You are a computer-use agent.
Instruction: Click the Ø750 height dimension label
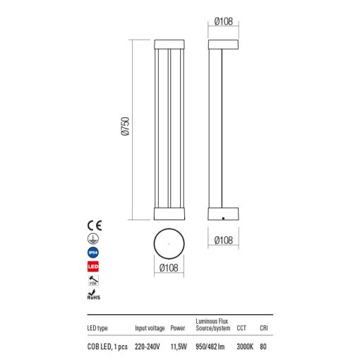click(x=126, y=126)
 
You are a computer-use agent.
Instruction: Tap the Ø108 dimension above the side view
click(x=224, y=21)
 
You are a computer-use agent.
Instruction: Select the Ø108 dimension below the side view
click(x=224, y=241)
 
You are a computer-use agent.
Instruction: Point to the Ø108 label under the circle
click(x=169, y=268)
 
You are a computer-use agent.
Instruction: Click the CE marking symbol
click(x=95, y=225)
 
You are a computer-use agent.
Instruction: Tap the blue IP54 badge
click(x=93, y=253)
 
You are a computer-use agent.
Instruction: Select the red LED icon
click(x=93, y=267)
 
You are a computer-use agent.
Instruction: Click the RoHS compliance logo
click(x=94, y=294)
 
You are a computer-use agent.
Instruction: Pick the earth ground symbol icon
click(x=93, y=239)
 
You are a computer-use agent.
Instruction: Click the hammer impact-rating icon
click(x=93, y=280)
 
